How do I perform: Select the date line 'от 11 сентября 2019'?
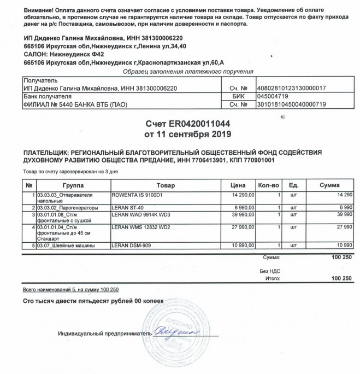click(x=180, y=133)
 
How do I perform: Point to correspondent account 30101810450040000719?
click(x=291, y=104)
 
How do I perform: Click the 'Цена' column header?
click(x=238, y=185)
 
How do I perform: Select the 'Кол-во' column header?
click(x=268, y=185)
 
